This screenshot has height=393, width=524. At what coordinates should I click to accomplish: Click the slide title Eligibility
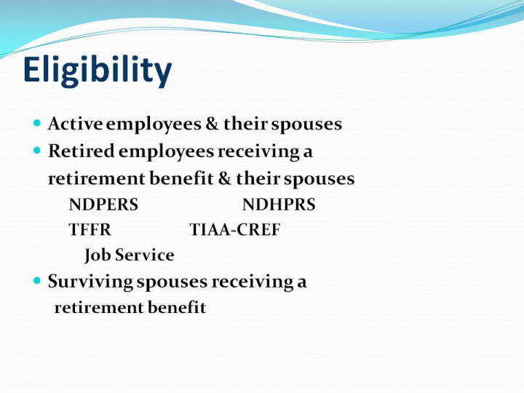click(98, 71)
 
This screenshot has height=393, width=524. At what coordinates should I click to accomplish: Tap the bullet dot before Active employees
click(37, 123)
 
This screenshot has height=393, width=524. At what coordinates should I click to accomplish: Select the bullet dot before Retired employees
click(37, 151)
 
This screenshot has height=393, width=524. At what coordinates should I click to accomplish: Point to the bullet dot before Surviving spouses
click(37, 280)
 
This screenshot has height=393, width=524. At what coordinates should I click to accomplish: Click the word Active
click(75, 124)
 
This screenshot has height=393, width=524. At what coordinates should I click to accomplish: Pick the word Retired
click(82, 151)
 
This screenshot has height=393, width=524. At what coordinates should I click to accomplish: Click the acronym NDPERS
click(103, 205)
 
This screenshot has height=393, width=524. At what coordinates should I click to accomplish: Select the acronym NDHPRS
click(279, 205)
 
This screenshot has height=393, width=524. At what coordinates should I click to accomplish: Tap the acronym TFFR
click(90, 229)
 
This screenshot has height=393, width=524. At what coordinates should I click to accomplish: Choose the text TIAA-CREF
click(235, 229)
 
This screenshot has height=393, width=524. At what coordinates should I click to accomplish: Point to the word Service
click(144, 255)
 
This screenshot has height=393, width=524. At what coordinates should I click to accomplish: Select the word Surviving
click(90, 282)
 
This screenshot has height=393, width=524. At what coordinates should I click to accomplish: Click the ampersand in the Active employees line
click(213, 124)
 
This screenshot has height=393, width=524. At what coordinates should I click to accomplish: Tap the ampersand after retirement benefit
click(225, 178)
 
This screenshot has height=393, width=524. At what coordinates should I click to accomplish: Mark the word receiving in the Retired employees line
click(258, 151)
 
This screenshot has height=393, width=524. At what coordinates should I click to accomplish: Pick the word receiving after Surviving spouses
click(253, 282)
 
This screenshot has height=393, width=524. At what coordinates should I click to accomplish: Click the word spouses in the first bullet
click(306, 124)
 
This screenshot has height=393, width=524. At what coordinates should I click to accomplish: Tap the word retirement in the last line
click(99, 308)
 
